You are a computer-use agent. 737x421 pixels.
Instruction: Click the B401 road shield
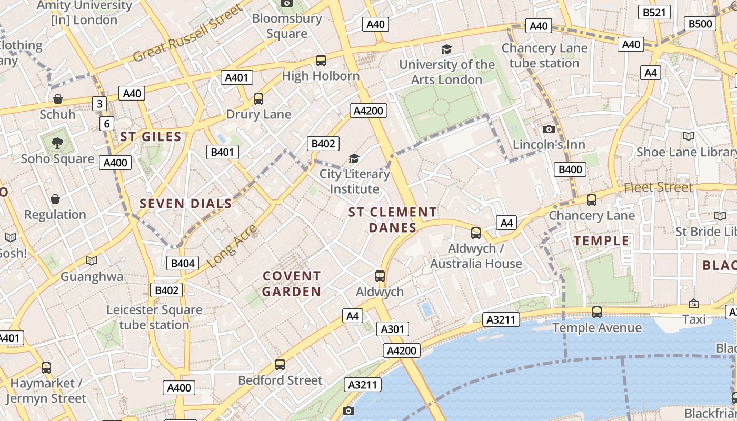(222, 153)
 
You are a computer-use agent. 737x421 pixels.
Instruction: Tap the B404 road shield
(183, 263)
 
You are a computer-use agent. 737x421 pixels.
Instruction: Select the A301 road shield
(392, 329)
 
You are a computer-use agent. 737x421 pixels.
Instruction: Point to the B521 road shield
(654, 12)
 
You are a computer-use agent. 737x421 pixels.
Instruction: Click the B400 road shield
(570, 169)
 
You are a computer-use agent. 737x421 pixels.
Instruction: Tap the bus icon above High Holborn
(321, 61)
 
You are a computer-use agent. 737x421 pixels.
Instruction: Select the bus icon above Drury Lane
(258, 99)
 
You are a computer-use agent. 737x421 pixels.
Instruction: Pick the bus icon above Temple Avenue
(596, 312)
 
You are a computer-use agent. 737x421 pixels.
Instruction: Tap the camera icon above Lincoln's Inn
(549, 129)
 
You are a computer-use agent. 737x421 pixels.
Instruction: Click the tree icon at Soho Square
(57, 142)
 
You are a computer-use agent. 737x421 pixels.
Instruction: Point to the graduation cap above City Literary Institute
(354, 158)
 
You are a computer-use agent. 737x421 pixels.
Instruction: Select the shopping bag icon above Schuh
(58, 99)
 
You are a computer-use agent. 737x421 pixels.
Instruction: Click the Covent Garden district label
(292, 284)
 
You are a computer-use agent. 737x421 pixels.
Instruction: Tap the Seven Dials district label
(185, 204)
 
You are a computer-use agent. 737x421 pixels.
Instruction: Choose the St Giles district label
(151, 137)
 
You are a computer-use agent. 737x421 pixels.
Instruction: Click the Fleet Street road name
(658, 187)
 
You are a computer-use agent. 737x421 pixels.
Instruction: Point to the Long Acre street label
(232, 246)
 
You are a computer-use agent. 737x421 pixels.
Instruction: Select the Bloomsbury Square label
(287, 26)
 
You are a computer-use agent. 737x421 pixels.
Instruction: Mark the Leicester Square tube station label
(154, 317)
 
